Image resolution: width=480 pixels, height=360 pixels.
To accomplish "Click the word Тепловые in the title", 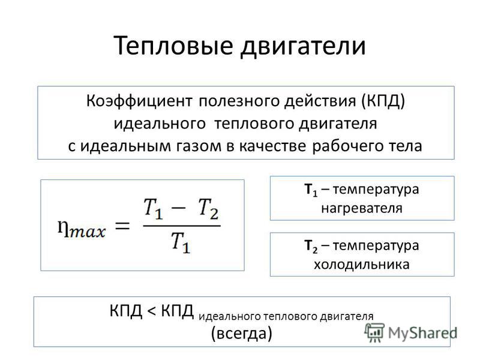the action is point(173,46).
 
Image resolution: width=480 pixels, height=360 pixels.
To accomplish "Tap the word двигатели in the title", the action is point(303,46).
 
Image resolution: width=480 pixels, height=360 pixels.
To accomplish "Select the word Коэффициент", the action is point(139,101).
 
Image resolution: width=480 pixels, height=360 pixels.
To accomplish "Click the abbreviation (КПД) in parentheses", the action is point(383,101).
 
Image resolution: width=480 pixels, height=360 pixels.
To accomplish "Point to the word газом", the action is point(199,146).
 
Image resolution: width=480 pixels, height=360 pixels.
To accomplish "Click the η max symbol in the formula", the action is point(82,229).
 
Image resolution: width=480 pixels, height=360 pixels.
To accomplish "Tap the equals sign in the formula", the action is point(122,227).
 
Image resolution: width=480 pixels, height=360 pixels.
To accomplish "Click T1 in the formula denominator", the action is point(181,242).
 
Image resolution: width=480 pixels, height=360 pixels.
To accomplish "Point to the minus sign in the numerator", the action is point(178,207).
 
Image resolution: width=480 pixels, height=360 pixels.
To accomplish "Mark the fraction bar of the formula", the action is point(182,226).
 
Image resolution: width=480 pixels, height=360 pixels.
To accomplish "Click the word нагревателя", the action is point(362,208).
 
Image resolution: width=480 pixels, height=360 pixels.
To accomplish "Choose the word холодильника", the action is point(362,264).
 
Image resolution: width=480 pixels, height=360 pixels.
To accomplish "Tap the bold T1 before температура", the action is point(311,190).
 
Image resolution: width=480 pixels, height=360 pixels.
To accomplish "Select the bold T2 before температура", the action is point(311,247).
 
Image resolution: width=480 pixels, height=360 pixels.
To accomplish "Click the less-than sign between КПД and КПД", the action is point(152,311).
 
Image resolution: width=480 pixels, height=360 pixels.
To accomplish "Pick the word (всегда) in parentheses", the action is point(242,333).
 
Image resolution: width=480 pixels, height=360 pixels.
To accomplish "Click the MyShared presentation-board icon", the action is point(374,332).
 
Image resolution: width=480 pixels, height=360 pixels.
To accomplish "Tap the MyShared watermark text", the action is point(423,333).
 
